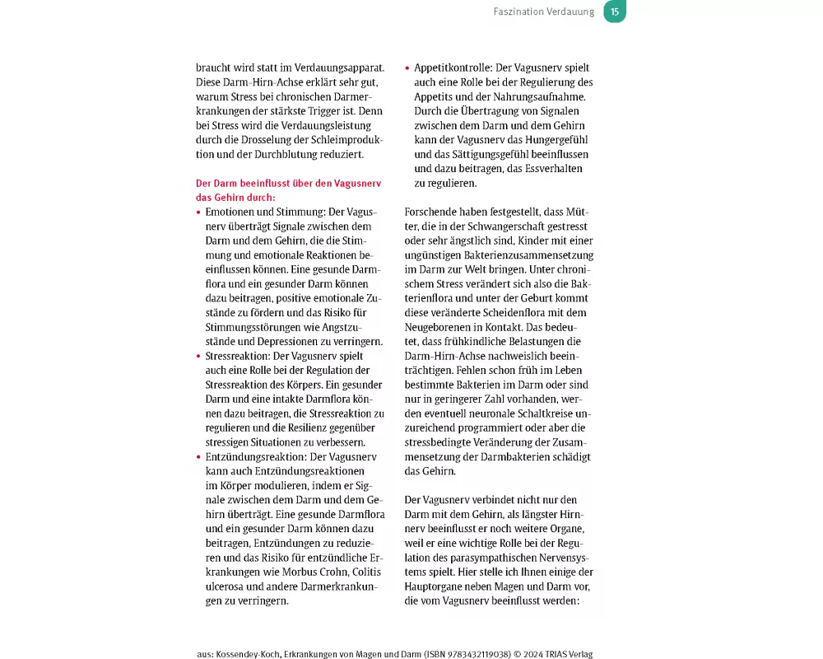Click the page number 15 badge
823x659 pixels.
click(615, 12)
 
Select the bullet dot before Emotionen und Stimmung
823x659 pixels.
click(198, 212)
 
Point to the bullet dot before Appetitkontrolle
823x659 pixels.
click(407, 68)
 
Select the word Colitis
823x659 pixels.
click(362, 572)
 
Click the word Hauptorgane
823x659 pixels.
click(440, 587)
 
